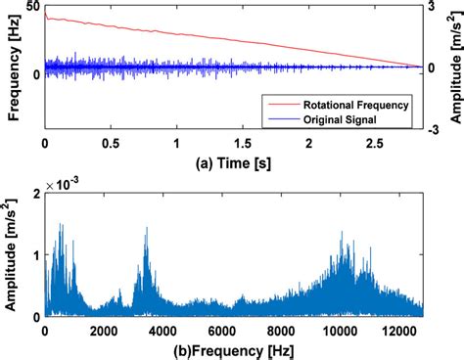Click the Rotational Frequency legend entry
[362, 103]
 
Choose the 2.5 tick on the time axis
[375, 143]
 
